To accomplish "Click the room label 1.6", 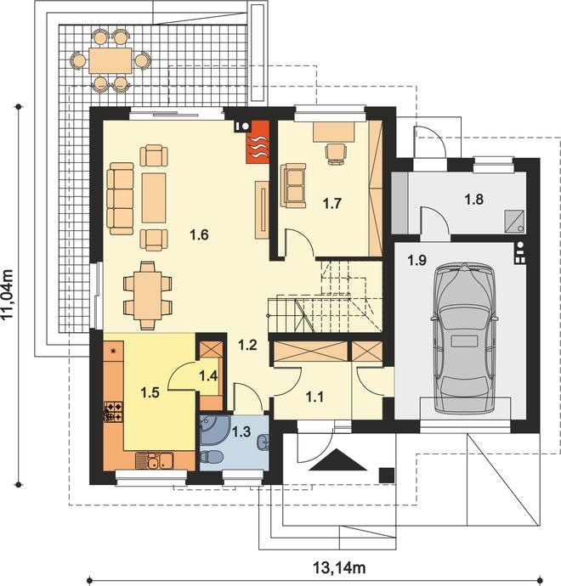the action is pyautogui.click(x=199, y=235).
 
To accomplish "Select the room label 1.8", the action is pyautogui.click(x=473, y=199).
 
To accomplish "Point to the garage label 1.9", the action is pyautogui.click(x=417, y=260).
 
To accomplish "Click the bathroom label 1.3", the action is pyautogui.click(x=241, y=431).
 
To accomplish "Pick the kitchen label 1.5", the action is pyautogui.click(x=150, y=392).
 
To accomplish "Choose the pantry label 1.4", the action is pyautogui.click(x=208, y=375).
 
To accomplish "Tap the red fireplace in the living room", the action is pyautogui.click(x=258, y=142).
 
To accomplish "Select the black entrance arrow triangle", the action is pyautogui.click(x=337, y=460).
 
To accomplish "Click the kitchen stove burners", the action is pyautogui.click(x=113, y=411).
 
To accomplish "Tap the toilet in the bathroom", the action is pyautogui.click(x=212, y=457).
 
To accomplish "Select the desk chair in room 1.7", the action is pyautogui.click(x=336, y=155).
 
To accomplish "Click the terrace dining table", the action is pyautogui.click(x=110, y=60).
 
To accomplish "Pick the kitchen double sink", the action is pyautogui.click(x=153, y=460).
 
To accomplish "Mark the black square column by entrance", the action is pyautogui.click(x=387, y=476).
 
